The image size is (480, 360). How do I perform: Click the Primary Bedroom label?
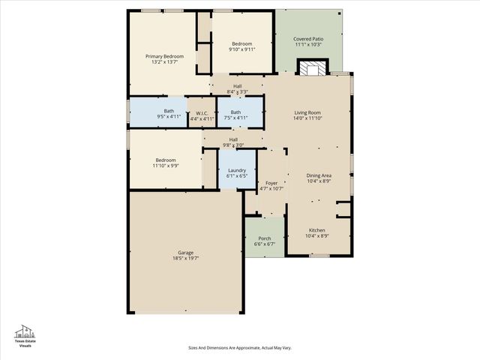pos(164,56)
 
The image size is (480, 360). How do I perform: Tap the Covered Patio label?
pos(307,38)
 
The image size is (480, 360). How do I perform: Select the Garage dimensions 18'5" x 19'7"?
pos(185,258)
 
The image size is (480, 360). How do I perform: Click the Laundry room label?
pos(237,170)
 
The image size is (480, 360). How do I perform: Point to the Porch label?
pos(265,238)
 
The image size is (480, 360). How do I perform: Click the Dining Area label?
pos(318,175)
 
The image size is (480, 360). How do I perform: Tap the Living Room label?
pos(307,112)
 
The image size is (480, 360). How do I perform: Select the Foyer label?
pos(271,183)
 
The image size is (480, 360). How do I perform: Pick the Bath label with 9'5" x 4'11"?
pos(169,112)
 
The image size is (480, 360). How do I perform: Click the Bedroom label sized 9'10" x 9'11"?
pos(241,43)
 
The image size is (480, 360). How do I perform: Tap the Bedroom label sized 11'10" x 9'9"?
pos(166,160)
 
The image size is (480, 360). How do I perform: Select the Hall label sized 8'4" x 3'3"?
pos(237,86)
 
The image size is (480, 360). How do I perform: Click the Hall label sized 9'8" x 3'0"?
pos(233,139)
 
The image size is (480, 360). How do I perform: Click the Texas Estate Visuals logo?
pos(26,335)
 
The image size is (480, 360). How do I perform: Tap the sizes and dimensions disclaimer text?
pos(239,347)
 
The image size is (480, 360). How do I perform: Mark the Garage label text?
pos(185,253)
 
